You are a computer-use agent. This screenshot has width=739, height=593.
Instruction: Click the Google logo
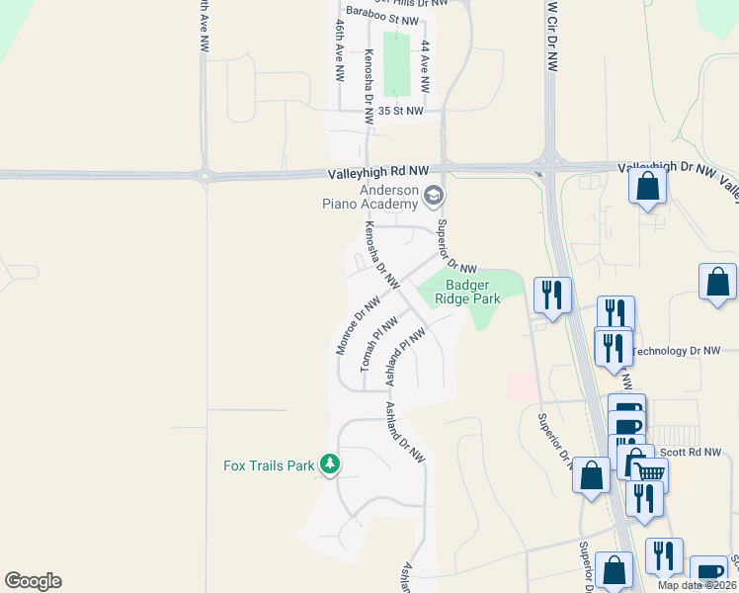(33, 581)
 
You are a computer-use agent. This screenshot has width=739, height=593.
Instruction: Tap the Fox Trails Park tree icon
(331, 464)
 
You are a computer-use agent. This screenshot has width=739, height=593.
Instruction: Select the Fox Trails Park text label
(269, 465)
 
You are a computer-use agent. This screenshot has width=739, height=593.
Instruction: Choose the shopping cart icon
(649, 473)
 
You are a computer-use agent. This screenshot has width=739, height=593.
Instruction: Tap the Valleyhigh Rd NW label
(379, 173)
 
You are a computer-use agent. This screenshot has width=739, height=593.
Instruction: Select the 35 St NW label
(399, 112)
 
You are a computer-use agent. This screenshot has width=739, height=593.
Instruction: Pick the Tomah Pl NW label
(378, 343)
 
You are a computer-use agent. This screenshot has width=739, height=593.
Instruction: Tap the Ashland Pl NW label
(405, 357)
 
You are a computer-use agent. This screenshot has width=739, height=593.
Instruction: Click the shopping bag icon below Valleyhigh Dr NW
(647, 186)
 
